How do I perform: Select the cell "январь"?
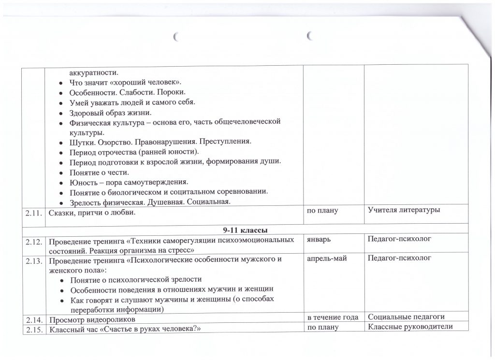coord(319,239)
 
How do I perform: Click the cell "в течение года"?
coord(333,317)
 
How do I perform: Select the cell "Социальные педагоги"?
coord(406,317)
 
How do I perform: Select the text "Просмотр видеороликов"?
coord(91,319)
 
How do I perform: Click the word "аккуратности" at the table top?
coord(92,72)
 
